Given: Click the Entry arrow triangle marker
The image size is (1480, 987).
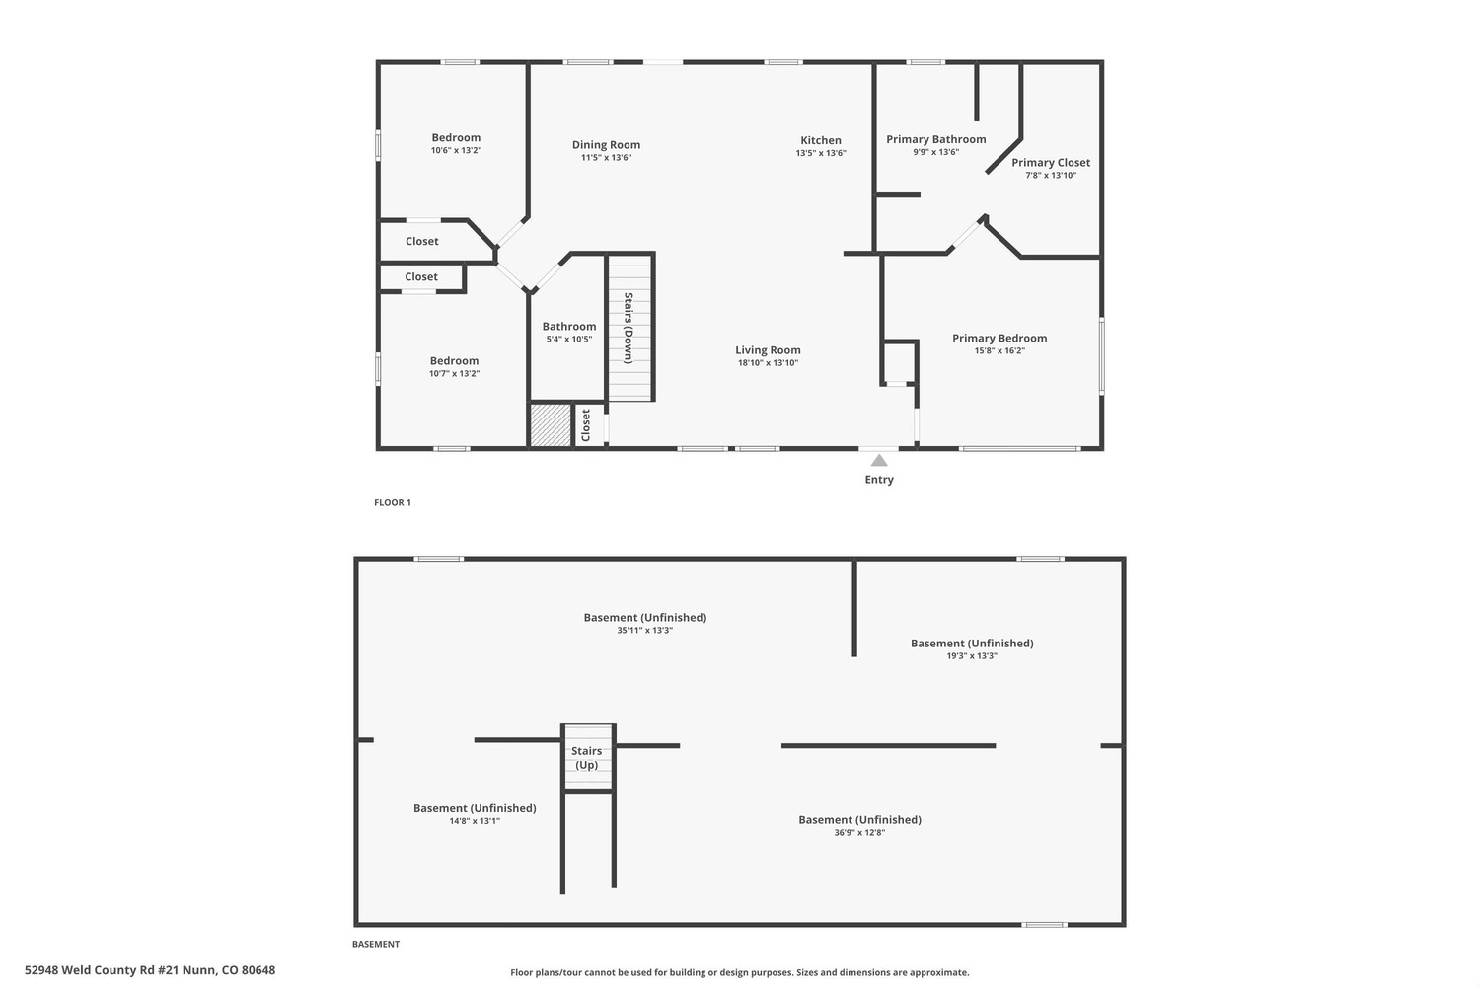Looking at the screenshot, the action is pyautogui.click(x=879, y=461).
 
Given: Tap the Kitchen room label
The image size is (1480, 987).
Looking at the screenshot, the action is pyautogui.click(x=821, y=140).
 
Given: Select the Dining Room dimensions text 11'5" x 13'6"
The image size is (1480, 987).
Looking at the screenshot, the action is pyautogui.click(x=606, y=157).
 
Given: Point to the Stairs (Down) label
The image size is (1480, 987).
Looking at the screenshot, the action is pyautogui.click(x=629, y=328).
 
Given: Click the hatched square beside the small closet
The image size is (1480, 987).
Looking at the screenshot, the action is pyautogui.click(x=550, y=424).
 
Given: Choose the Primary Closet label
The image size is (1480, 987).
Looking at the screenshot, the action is pyautogui.click(x=1051, y=163).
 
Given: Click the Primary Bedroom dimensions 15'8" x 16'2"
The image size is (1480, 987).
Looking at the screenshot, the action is pyautogui.click(x=999, y=351).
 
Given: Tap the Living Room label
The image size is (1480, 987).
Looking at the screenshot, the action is pyautogui.click(x=768, y=350).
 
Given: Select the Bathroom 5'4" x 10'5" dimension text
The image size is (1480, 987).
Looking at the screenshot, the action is pyautogui.click(x=569, y=340).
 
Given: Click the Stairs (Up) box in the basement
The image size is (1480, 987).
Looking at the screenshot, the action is pyautogui.click(x=588, y=757).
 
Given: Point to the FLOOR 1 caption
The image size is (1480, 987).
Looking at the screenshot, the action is pyautogui.click(x=393, y=503).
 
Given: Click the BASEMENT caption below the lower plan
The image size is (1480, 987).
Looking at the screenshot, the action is pyautogui.click(x=376, y=944).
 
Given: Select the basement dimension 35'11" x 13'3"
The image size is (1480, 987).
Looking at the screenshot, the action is pyautogui.click(x=645, y=631).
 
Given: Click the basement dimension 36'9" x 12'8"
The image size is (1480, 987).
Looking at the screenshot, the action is pyautogui.click(x=859, y=833).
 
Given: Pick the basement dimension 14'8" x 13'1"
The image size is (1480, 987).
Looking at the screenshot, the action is pyautogui.click(x=475, y=822).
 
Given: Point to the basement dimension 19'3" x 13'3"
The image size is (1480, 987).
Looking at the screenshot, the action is pyautogui.click(x=972, y=656).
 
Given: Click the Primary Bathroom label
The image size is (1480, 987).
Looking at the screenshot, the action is pyautogui.click(x=935, y=139).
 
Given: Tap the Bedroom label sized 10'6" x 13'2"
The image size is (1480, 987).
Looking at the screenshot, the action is pyautogui.click(x=456, y=137).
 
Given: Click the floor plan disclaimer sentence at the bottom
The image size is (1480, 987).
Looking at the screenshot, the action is pyautogui.click(x=739, y=972).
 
